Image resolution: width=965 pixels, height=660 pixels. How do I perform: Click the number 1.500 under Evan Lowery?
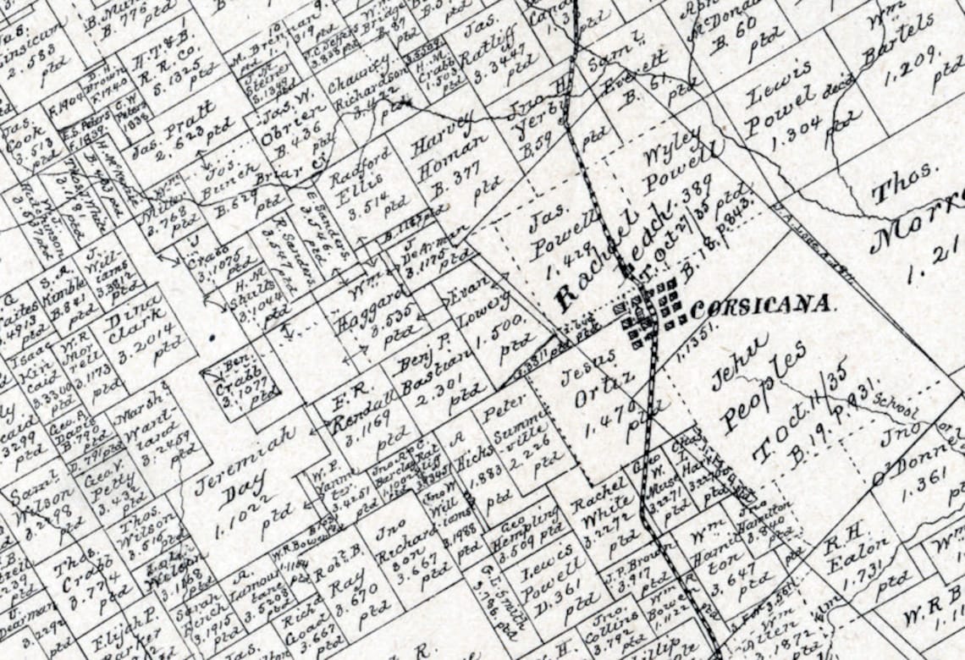pyautogui.click(x=505, y=329)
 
